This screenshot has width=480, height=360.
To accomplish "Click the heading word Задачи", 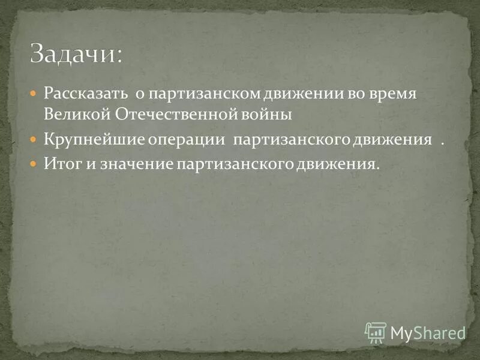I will (x=76, y=54).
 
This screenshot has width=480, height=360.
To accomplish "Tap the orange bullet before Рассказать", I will (x=34, y=94).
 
